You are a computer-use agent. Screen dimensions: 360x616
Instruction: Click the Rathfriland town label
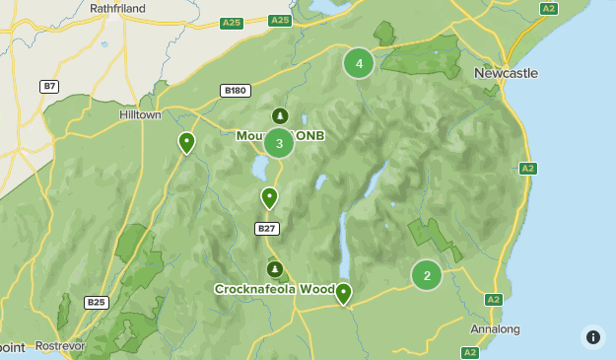click(118, 7)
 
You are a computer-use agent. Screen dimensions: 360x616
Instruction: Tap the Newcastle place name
click(506, 73)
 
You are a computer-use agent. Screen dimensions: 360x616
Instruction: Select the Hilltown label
click(140, 114)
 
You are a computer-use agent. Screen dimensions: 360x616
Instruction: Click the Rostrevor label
click(61, 346)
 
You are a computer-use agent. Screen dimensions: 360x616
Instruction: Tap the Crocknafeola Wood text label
click(275, 289)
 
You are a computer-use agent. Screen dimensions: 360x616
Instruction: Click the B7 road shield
click(49, 87)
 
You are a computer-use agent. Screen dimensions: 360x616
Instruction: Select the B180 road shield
click(235, 91)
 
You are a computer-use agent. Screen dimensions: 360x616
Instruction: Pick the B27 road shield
click(266, 229)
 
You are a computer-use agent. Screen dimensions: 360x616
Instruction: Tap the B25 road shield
click(96, 303)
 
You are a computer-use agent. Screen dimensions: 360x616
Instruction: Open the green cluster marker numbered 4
click(359, 64)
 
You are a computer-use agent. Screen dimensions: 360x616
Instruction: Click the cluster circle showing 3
click(279, 143)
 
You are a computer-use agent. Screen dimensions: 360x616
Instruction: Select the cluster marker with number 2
click(427, 275)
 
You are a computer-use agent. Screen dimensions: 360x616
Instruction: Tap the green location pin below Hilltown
click(186, 143)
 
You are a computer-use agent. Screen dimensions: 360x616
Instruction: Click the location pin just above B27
click(269, 197)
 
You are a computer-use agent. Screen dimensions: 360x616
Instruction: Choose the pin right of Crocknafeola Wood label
click(343, 293)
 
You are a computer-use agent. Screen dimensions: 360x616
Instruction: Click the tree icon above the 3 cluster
click(280, 116)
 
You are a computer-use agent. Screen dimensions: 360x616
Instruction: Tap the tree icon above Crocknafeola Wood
click(274, 268)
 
